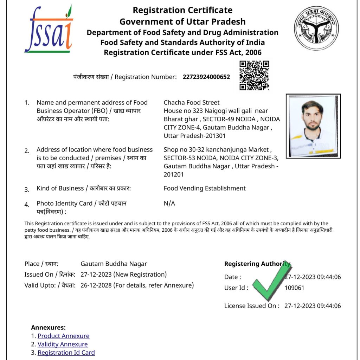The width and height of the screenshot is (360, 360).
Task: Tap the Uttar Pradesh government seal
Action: (x=316, y=28)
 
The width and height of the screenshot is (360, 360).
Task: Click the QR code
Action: (x=254, y=75)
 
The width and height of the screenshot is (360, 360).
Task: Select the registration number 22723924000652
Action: (x=206, y=77)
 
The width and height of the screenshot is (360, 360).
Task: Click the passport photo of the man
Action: (x=313, y=126)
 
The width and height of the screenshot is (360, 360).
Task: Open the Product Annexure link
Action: (x=64, y=336)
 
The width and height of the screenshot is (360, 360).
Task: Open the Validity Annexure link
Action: (x=63, y=344)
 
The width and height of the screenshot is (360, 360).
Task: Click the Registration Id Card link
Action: (x=66, y=352)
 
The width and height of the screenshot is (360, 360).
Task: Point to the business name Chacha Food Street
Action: (x=192, y=102)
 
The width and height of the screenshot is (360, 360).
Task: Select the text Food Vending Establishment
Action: (x=205, y=188)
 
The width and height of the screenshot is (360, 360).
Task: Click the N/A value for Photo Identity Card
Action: (x=169, y=203)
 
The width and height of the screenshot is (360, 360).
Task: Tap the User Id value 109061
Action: (x=294, y=288)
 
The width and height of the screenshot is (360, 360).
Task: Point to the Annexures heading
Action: (x=48, y=327)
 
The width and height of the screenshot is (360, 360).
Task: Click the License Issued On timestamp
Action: (x=313, y=306)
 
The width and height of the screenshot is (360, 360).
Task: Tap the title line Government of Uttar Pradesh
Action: (x=182, y=21)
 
